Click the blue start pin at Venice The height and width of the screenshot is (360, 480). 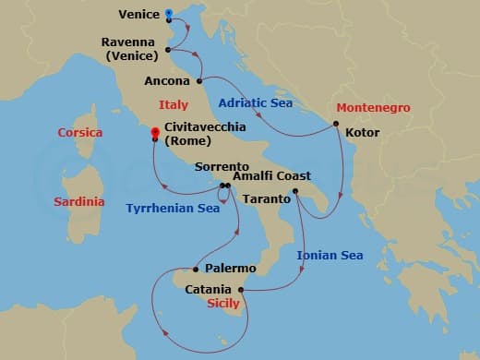point(168,14)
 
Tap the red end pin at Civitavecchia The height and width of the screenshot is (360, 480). point(155,133)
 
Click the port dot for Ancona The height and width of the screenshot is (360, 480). point(199,81)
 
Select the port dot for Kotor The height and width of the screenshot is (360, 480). point(336,124)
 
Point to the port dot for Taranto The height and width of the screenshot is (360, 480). point(294,191)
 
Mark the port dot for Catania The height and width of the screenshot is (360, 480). point(240,290)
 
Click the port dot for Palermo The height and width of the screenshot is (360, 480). point(196,270)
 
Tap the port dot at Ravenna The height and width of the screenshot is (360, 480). point(168,50)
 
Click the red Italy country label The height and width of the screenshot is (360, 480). point(174,105)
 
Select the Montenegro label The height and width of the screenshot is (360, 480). point(370,107)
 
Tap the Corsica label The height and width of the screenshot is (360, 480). point(79,133)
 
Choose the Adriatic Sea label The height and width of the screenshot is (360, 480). point(256,102)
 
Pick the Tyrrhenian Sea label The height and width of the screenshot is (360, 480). point(173,209)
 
